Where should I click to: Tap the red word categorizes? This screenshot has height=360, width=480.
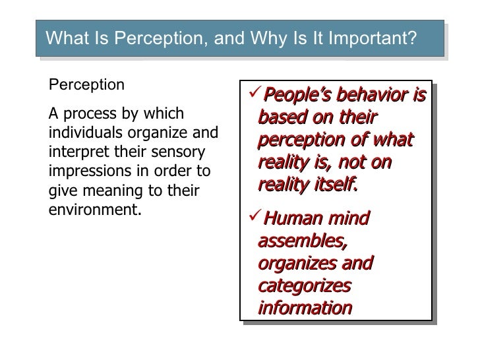tap(305, 287)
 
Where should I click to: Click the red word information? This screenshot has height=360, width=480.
tap(305, 309)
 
